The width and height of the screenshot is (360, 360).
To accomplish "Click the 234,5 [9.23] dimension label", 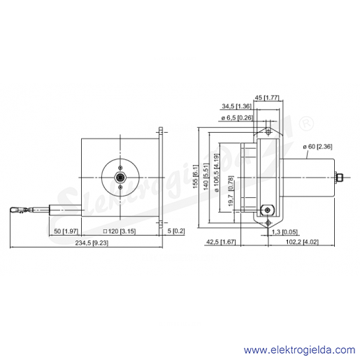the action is pyautogui.click(x=92, y=243).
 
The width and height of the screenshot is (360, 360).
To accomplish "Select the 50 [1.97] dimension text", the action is pyautogui.click(x=66, y=231).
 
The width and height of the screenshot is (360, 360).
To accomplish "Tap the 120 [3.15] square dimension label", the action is pyautogui.click(x=120, y=231).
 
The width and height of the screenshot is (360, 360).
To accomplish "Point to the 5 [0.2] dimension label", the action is pyautogui.click(x=176, y=231).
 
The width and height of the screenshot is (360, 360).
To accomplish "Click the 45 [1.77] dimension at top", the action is pyautogui.click(x=267, y=97).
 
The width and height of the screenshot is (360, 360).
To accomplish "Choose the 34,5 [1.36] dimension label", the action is pyautogui.click(x=237, y=106).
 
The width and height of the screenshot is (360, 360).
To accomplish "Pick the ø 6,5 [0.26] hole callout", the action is pyautogui.click(x=237, y=118).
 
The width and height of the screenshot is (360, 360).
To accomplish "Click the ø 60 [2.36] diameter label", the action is pyautogui.click(x=317, y=147).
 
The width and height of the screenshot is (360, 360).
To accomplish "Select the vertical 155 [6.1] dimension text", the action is pyautogui.click(x=195, y=176).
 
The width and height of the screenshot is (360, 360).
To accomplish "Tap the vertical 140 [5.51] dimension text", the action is pyautogui.click(x=206, y=176).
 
